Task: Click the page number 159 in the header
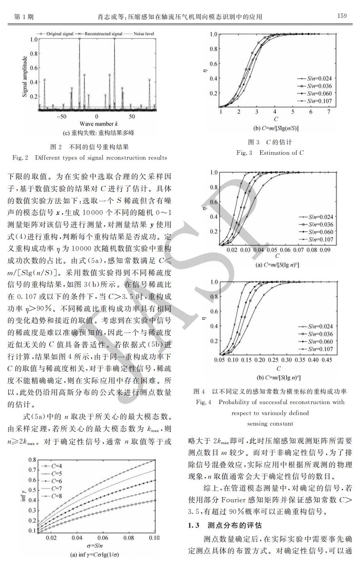click(x=342, y=16)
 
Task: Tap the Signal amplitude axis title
click(x=25, y=76)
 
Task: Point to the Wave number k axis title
click(x=99, y=123)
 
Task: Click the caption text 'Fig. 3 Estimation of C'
click(x=270, y=153)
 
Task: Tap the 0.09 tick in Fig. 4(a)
click(x=325, y=250)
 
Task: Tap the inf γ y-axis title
click(x=23, y=494)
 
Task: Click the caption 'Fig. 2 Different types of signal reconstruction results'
click(x=90, y=157)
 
